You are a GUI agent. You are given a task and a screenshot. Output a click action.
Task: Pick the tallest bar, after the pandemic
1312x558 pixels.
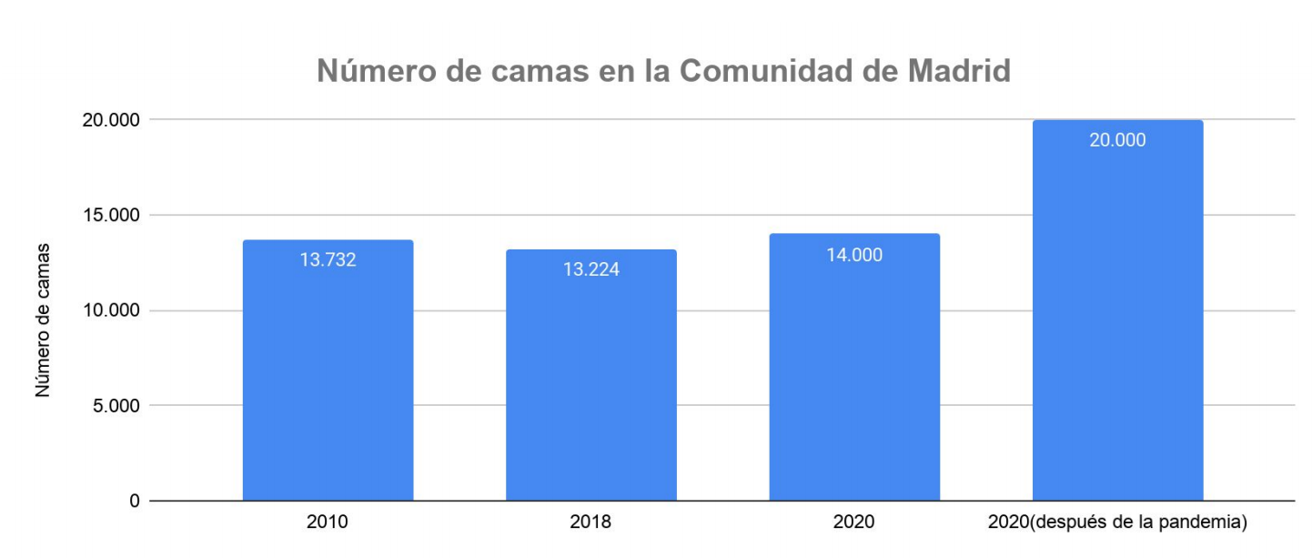[x=1117, y=319]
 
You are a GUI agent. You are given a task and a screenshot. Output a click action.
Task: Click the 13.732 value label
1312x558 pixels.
[x=328, y=259]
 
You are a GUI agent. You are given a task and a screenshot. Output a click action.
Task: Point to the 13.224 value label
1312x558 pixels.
[x=590, y=269]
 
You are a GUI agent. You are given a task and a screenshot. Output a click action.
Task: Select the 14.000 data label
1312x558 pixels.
[x=853, y=255]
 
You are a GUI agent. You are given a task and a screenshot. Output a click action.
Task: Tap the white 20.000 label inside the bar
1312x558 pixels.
[x=1117, y=140]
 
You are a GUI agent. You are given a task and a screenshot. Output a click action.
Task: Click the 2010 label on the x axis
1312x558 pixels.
[x=328, y=522]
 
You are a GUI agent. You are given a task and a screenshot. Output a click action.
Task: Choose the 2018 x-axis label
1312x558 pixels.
[x=590, y=522]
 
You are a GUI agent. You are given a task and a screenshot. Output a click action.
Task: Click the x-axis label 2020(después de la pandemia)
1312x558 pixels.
[x=1117, y=522]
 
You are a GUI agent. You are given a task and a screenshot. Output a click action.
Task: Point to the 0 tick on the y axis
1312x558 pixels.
[x=135, y=501]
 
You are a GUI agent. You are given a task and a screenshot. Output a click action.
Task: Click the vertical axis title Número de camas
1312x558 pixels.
[x=43, y=320]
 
